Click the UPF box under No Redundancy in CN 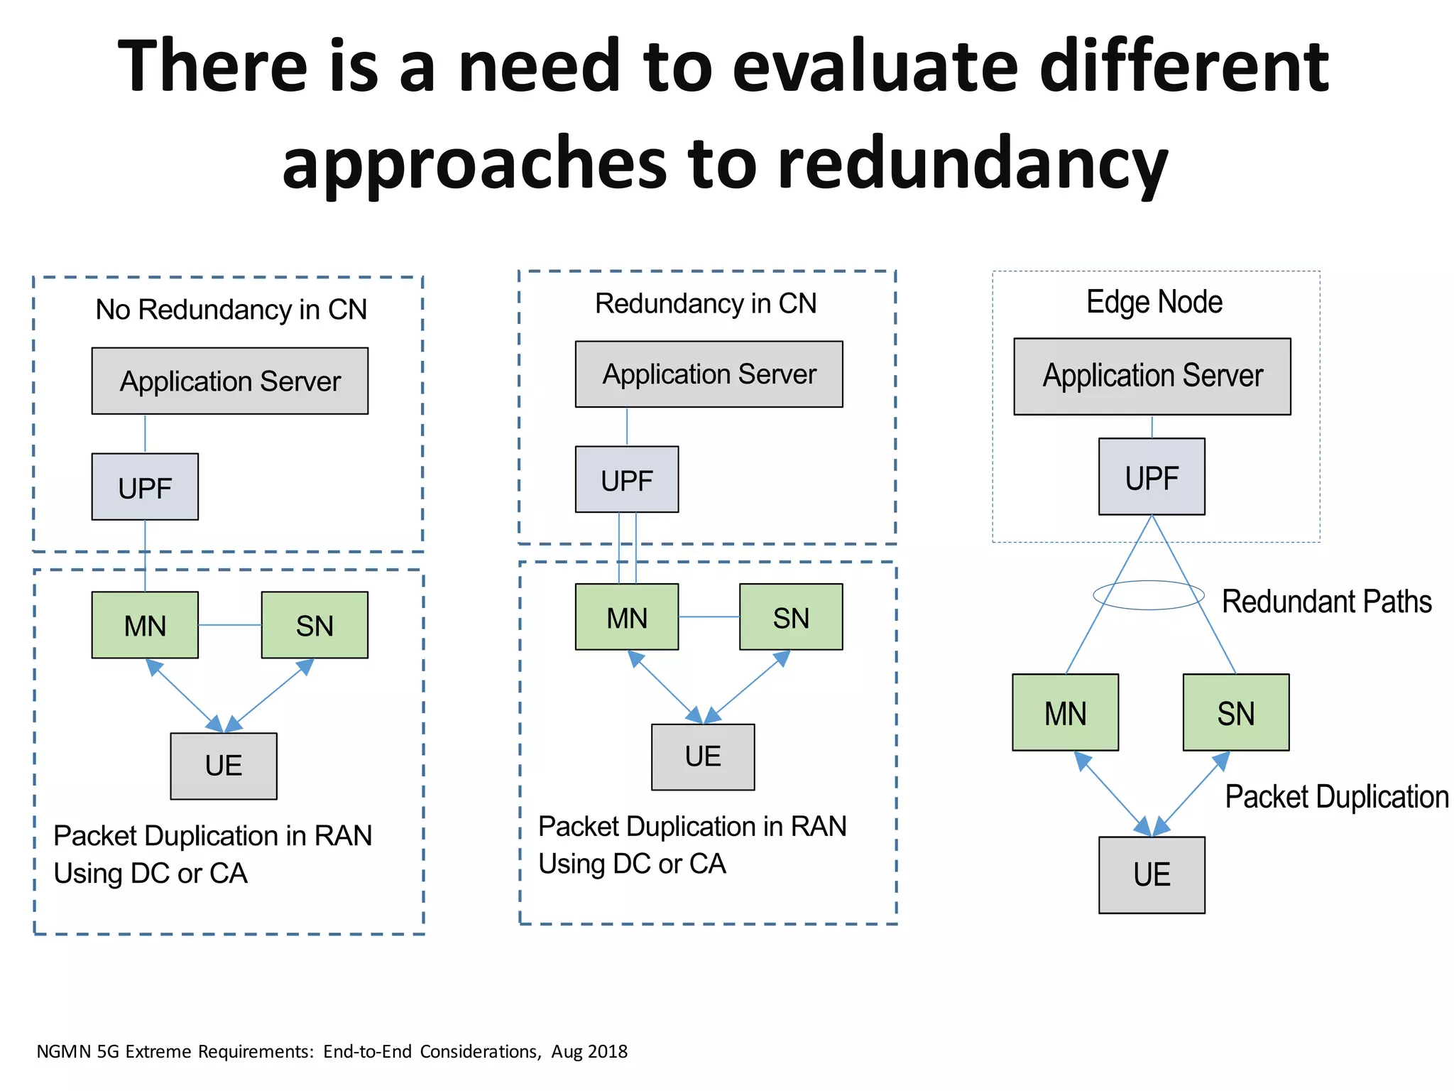tap(145, 487)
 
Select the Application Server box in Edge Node tap(1152, 376)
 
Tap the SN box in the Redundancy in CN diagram tap(791, 617)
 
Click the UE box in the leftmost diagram tap(224, 766)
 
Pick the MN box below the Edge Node tap(1065, 712)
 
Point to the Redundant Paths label tap(1326, 602)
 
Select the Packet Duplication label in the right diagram tap(1336, 797)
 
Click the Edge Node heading tap(1154, 302)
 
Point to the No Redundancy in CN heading tap(231, 310)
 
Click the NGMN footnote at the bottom tap(332, 1051)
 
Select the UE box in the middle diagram tap(703, 757)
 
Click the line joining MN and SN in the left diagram tap(229, 625)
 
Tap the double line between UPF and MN tap(628, 548)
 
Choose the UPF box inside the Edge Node tap(1152, 477)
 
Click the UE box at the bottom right tap(1152, 874)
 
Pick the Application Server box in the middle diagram tap(709, 374)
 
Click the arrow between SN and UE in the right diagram tap(1191, 793)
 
